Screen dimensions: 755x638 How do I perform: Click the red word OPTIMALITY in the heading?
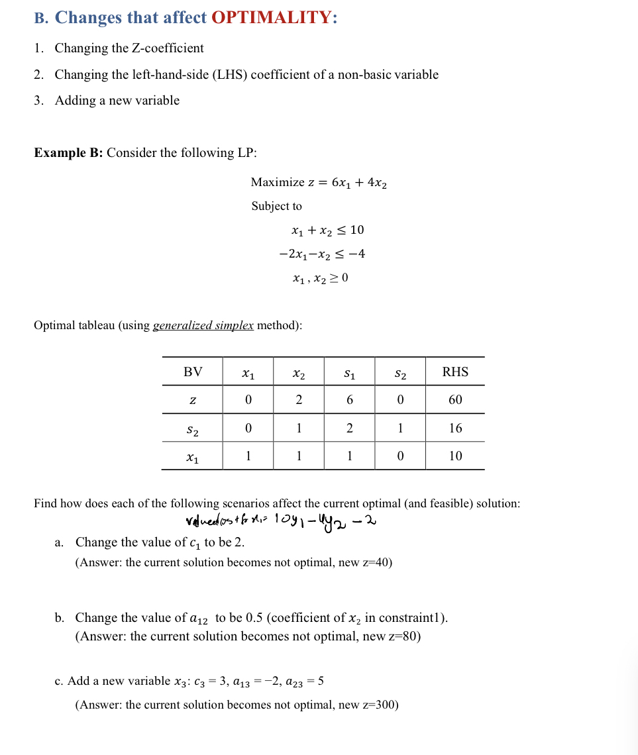(x=274, y=18)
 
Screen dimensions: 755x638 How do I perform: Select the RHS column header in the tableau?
(x=455, y=372)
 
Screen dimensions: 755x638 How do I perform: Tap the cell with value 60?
(x=455, y=400)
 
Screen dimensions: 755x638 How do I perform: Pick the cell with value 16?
(x=455, y=428)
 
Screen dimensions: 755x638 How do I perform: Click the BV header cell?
(x=193, y=372)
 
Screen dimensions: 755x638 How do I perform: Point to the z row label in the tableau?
(x=192, y=400)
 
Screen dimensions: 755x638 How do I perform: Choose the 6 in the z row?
(x=349, y=400)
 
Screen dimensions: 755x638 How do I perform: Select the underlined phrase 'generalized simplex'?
(x=203, y=325)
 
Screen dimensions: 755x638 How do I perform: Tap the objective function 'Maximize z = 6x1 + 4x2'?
(x=319, y=182)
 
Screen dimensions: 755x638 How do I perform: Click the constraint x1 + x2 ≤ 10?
(x=327, y=230)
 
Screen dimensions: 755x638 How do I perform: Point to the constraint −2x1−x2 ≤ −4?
(x=322, y=254)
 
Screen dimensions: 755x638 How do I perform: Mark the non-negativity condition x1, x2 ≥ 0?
(x=320, y=278)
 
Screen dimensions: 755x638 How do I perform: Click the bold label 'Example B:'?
(x=68, y=153)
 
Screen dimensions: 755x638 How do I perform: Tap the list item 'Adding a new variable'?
(x=117, y=101)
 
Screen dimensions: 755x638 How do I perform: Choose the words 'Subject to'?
(x=276, y=206)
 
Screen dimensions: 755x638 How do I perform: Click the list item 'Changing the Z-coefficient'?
(x=129, y=48)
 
